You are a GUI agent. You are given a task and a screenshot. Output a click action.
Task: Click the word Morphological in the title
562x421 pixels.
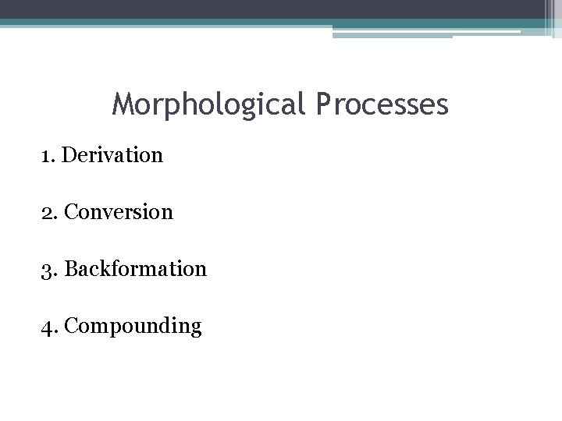211,104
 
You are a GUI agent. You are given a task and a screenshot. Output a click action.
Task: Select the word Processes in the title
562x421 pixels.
383,104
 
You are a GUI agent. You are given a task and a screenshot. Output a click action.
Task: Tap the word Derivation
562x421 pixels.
112,155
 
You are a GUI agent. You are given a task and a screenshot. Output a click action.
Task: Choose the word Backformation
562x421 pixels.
136,269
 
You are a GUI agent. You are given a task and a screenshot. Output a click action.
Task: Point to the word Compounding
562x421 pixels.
133,325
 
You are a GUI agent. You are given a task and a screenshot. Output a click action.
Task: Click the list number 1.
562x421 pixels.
47,155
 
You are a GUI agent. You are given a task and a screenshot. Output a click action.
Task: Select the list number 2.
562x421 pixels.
48,211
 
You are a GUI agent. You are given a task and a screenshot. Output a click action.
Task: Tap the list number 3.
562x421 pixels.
48,269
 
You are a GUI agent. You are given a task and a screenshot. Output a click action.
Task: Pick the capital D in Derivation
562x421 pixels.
69,155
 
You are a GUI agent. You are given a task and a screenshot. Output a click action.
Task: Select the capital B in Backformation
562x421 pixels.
72,269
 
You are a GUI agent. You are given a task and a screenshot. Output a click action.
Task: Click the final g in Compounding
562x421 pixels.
196,328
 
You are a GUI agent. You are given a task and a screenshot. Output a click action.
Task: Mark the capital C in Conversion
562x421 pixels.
72,211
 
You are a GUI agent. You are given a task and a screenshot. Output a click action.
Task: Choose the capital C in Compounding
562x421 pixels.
73,325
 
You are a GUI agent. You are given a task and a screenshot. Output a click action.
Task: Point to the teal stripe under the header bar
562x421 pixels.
234,23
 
